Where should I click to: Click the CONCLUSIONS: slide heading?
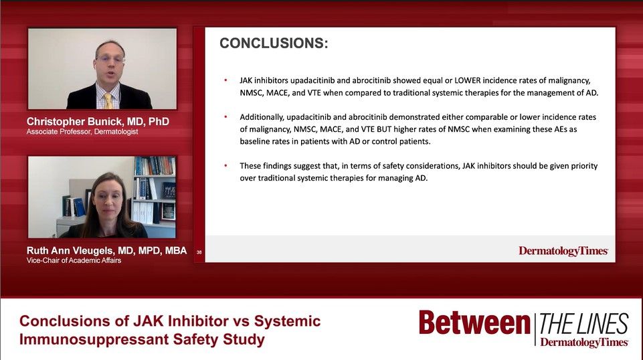(x=274, y=44)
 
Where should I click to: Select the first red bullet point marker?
(x=225, y=80)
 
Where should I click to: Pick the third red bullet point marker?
(x=225, y=165)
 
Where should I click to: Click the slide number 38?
(x=199, y=252)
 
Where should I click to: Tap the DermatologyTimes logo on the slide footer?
(x=563, y=251)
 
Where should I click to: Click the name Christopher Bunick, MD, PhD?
(x=98, y=122)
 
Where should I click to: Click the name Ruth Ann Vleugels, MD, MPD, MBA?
(x=106, y=251)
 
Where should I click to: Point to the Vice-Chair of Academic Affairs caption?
(x=74, y=261)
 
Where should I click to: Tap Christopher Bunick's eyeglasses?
(x=110, y=59)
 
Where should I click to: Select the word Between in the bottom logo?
(x=474, y=324)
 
